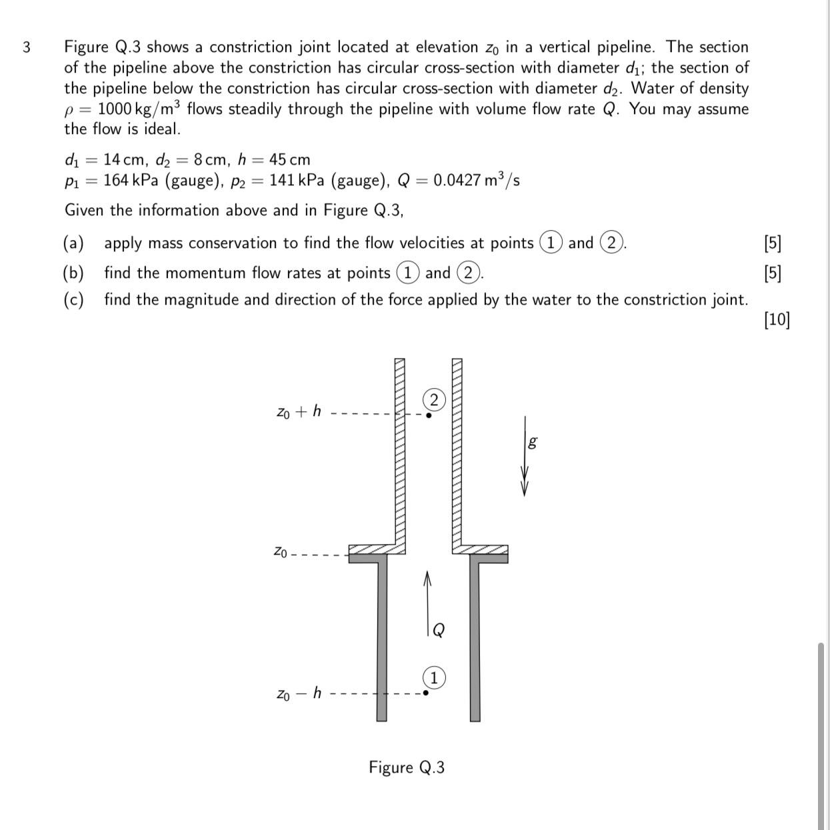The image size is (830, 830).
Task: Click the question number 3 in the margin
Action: point(26,47)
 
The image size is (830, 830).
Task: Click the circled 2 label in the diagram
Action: point(434,400)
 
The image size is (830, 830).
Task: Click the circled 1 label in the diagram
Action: point(434,678)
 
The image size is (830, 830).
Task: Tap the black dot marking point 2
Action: point(429,415)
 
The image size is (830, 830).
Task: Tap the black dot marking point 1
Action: point(427,693)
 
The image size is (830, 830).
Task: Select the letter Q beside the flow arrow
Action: point(438,630)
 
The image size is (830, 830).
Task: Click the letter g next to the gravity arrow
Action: point(532,441)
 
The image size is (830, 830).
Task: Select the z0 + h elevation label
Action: point(299,411)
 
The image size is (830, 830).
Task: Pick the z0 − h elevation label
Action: point(299,694)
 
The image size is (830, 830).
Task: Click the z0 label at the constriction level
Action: point(281,551)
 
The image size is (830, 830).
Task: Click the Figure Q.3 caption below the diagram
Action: point(407,767)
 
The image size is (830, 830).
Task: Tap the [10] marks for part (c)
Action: point(777,320)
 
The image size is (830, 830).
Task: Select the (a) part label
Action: point(73,243)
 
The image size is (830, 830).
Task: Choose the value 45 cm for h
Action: point(289,160)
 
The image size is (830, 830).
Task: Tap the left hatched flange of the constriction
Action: point(377,549)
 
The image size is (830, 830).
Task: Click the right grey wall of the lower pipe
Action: point(475,640)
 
